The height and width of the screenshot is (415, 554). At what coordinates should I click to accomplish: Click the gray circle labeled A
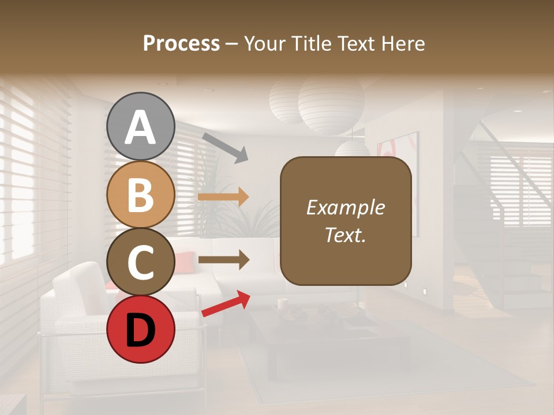pos(141,126)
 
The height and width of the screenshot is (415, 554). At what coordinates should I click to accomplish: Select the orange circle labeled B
pos(141,194)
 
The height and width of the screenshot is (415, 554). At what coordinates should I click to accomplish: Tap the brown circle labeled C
pos(141,262)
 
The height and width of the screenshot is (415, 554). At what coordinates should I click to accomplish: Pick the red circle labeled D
pos(141,329)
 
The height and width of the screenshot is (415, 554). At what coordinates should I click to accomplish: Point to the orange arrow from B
pos(223,197)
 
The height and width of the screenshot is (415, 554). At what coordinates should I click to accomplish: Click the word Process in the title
pos(181,43)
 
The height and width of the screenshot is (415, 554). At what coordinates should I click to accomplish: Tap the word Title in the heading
pos(308,43)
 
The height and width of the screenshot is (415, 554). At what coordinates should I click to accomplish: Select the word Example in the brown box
pos(345,207)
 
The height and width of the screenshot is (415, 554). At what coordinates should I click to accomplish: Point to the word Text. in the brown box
pos(345,235)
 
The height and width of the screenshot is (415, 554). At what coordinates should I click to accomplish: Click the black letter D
pos(141,330)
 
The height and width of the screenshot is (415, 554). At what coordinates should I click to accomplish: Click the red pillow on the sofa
pos(184,262)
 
